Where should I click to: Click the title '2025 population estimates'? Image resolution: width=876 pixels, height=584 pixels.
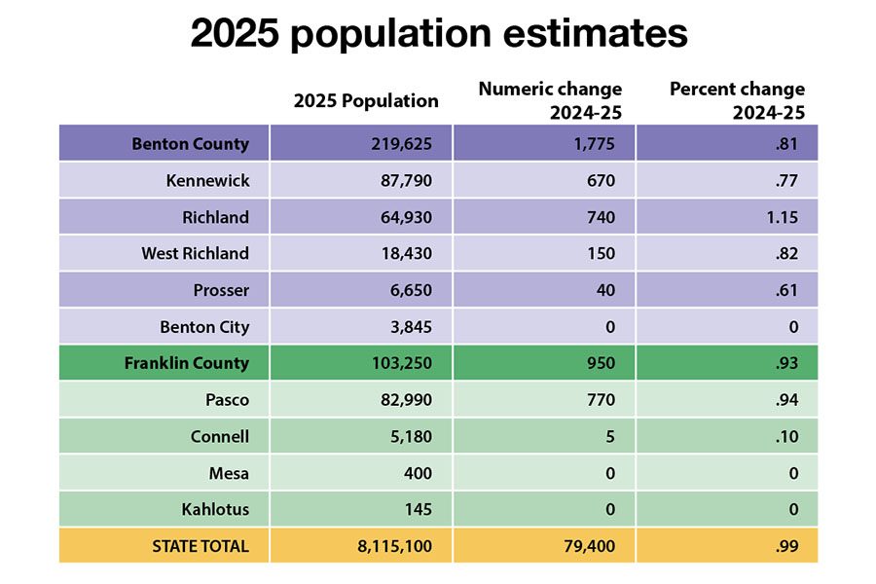(438, 34)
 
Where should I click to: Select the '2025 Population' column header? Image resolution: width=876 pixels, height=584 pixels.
(366, 100)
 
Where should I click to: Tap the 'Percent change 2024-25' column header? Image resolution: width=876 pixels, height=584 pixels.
(737, 100)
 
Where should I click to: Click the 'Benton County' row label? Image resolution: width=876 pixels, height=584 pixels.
(190, 144)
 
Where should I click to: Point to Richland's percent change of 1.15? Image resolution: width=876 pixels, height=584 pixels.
(781, 217)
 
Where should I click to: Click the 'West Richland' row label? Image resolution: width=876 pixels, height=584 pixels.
(195, 253)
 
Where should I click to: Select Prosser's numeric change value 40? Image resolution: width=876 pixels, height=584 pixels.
(604, 290)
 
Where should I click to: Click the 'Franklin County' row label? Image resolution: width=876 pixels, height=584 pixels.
(186, 363)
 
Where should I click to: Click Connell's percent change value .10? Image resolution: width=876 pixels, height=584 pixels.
(786, 436)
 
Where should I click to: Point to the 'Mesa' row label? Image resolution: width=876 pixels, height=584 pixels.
(229, 473)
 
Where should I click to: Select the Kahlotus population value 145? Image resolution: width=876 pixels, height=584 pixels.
(418, 509)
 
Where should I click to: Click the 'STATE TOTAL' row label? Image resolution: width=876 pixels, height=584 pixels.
(201, 546)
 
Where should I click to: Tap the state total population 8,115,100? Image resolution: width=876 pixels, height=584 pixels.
(395, 546)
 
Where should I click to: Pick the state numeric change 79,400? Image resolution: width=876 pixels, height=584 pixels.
(589, 546)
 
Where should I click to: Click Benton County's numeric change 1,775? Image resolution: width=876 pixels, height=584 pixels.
(593, 144)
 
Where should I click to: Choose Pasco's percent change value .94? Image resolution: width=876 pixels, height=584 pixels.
(785, 400)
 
